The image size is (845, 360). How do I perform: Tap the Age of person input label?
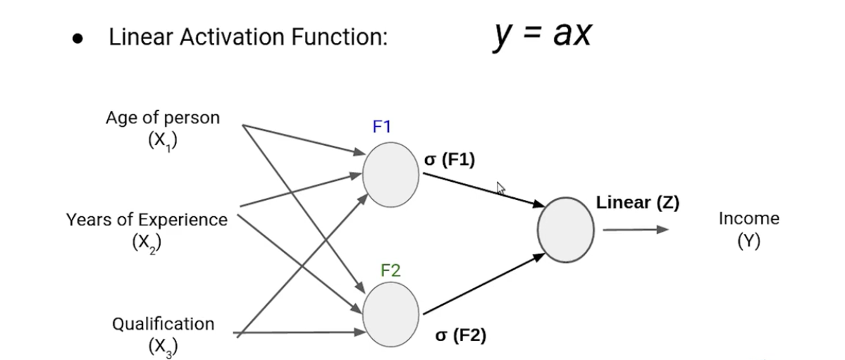coord(163,118)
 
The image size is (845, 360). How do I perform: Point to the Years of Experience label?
coord(147,220)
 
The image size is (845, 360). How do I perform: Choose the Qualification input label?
coord(163,324)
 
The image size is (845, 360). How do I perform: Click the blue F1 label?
coord(381,127)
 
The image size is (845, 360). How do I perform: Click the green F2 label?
coord(390,270)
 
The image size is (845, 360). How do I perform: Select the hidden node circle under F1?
coord(391,175)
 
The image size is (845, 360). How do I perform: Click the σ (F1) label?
coord(450,160)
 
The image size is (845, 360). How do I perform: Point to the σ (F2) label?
coord(461,336)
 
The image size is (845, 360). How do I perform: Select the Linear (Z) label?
coord(637,203)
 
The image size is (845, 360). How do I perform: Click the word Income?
coord(748,218)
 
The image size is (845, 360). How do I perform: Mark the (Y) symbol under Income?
coord(748,242)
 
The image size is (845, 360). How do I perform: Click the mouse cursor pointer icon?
coord(501,188)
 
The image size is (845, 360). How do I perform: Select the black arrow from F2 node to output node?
coord(484,284)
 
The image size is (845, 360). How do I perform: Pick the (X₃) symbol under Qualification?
coord(163,347)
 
